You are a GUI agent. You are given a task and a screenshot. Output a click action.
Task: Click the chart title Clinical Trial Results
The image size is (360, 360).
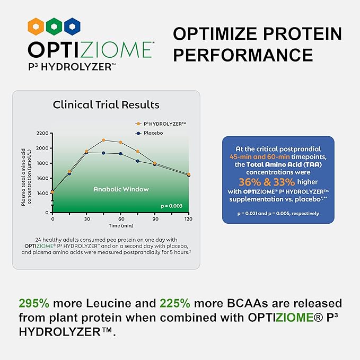pos(106,104)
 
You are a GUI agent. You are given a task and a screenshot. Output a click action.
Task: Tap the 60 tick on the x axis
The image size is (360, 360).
pos(121,218)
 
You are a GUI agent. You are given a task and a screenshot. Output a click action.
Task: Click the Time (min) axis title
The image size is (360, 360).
pos(120,225)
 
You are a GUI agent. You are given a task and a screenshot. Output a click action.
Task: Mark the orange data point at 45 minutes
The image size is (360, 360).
pos(104,140)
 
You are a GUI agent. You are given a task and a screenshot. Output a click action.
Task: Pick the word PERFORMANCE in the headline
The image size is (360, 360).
pos(243,55)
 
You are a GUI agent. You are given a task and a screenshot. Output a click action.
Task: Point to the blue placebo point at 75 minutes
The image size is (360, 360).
pos(138,161)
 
